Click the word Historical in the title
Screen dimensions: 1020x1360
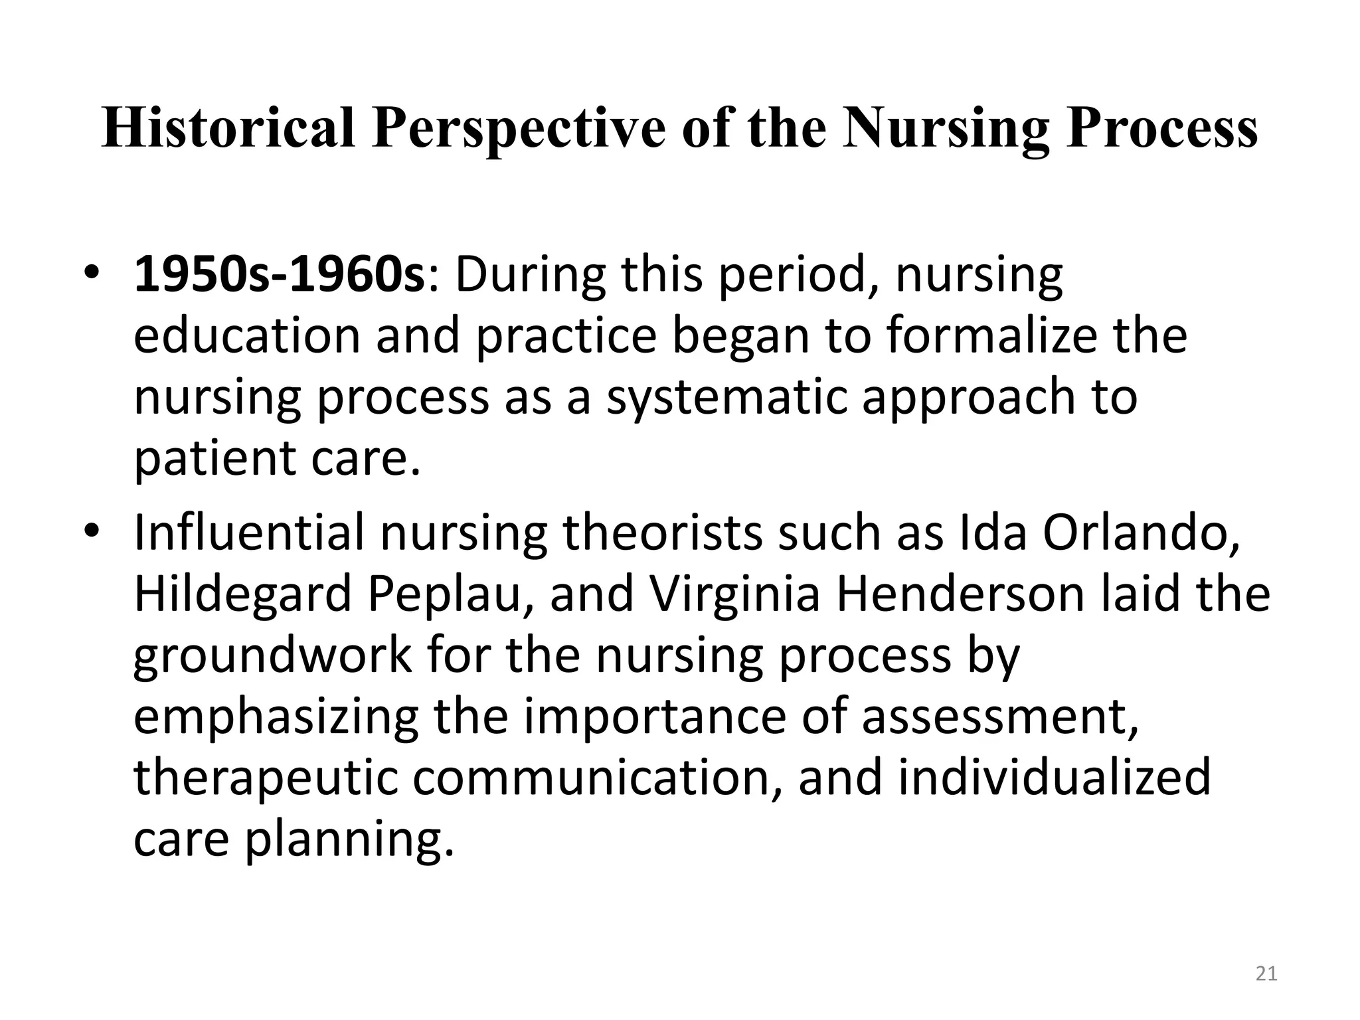(x=228, y=128)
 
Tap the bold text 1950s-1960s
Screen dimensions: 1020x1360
(x=279, y=276)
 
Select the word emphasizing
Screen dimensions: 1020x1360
(x=276, y=718)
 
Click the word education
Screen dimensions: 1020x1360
(x=248, y=336)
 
